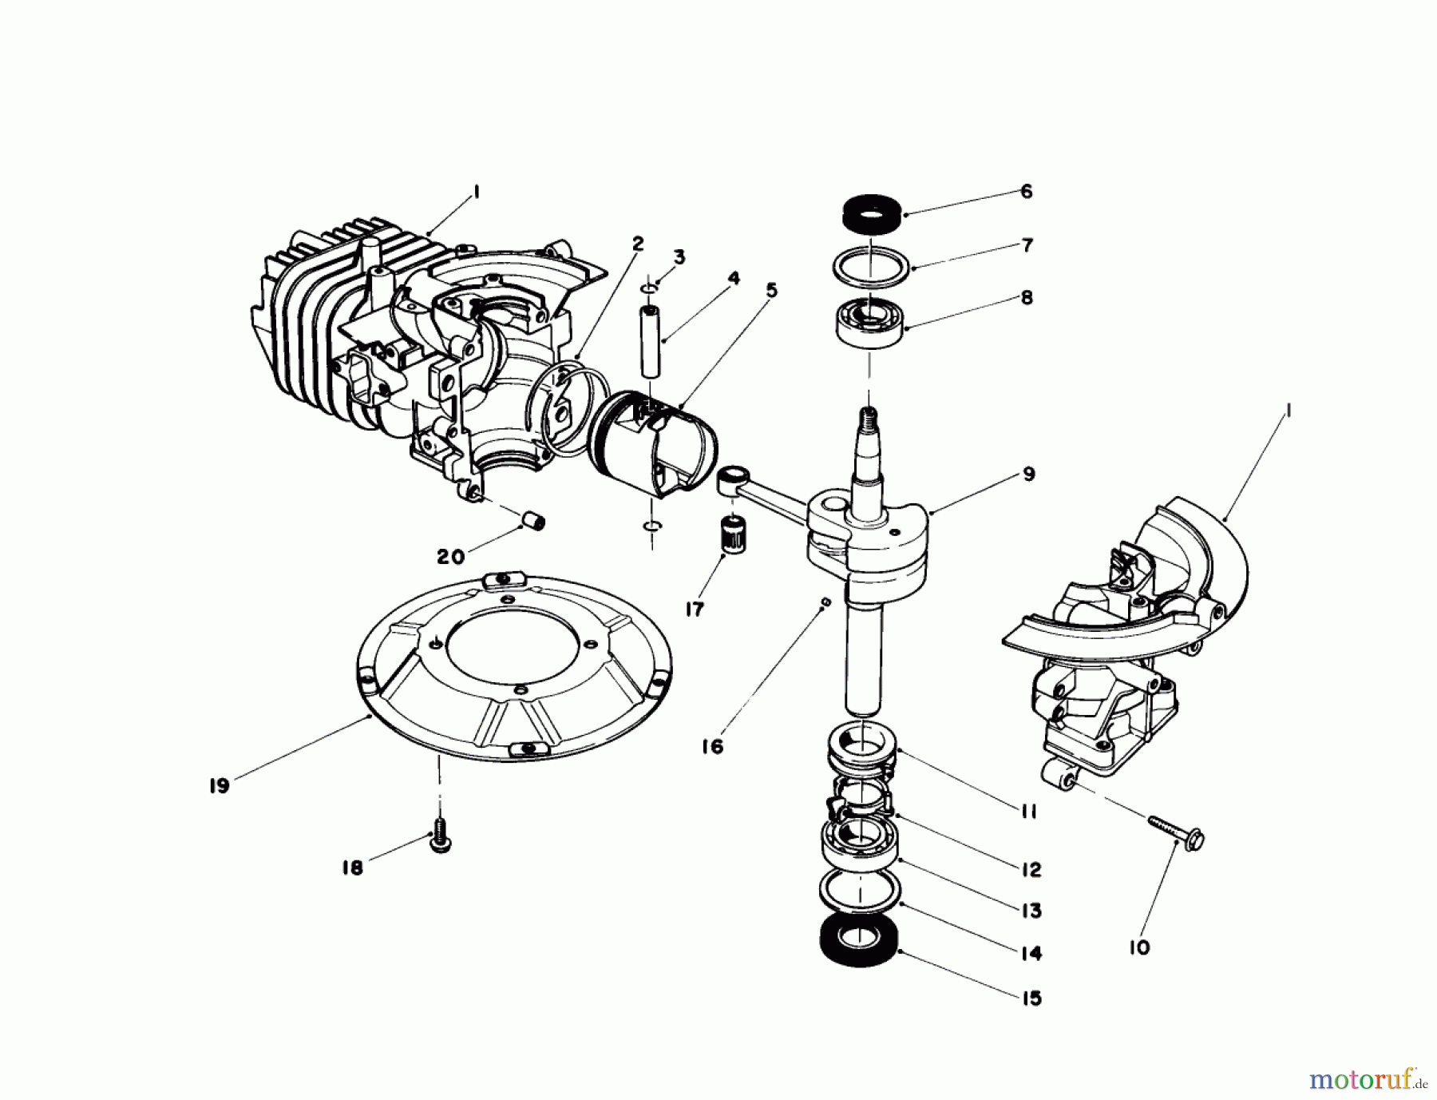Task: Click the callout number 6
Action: pyautogui.click(x=1026, y=192)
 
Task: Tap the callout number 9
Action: pyautogui.click(x=1028, y=475)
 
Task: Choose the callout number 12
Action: pyautogui.click(x=1031, y=868)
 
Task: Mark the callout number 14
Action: pyautogui.click(x=1031, y=953)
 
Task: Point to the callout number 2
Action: pyautogui.click(x=637, y=244)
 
